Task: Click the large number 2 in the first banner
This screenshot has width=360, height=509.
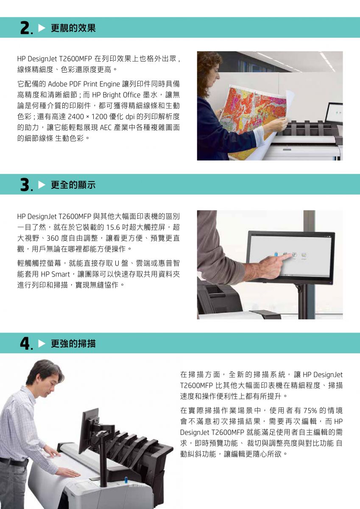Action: tap(25, 28)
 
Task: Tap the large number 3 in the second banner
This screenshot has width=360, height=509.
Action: tap(25, 185)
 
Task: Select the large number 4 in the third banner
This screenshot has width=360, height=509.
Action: tap(25, 343)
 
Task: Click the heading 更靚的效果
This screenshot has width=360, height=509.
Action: tap(73, 28)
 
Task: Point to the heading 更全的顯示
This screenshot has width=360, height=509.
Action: tap(73, 185)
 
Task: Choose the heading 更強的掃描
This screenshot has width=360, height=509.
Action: tap(73, 343)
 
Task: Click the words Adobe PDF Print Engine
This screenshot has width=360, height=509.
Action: tap(84, 84)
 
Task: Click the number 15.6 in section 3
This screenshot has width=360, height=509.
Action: tap(113, 227)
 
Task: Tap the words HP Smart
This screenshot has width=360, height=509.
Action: tap(56, 274)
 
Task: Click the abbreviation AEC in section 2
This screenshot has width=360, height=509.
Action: tap(106, 128)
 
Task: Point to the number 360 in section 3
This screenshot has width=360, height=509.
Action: tap(53, 238)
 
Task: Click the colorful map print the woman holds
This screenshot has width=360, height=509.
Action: tap(252, 110)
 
